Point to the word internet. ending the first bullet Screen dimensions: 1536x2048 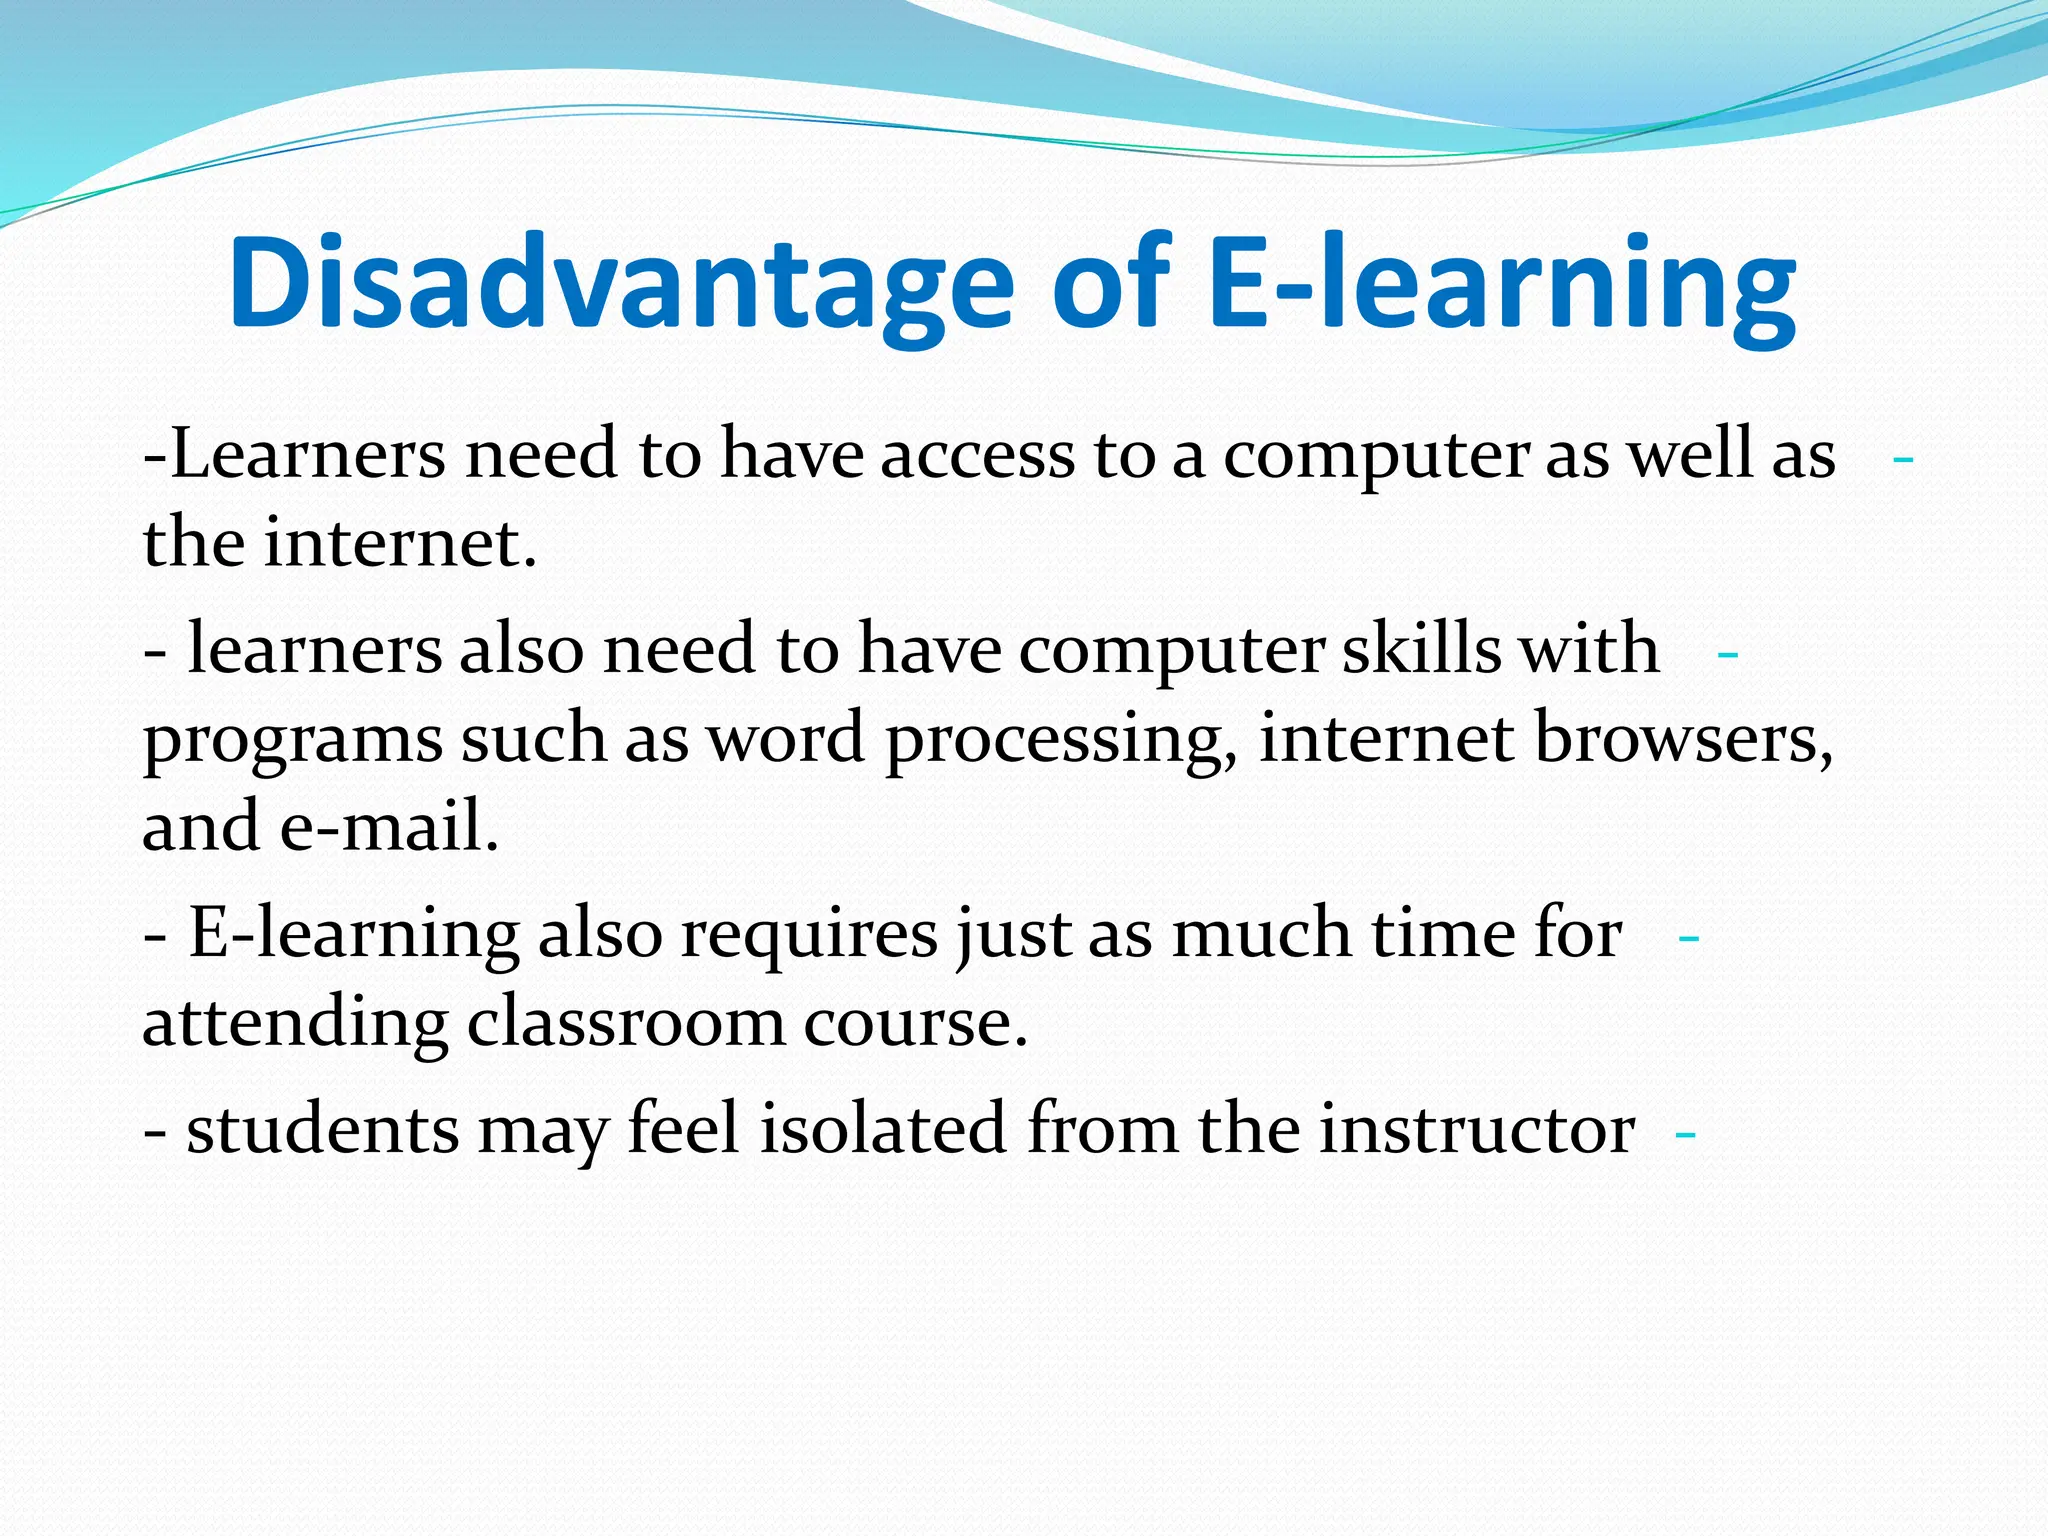tap(401, 545)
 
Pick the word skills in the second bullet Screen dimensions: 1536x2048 tap(1421, 650)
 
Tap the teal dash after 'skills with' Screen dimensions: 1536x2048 tap(1727, 655)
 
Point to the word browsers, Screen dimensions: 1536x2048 tap(1685, 740)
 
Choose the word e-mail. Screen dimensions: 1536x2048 tap(389, 828)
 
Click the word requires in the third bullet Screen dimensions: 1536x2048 tap(809, 934)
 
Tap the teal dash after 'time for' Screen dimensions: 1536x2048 tap(1689, 939)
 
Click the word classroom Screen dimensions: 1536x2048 tap(626, 1023)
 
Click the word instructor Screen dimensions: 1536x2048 tap(1476, 1130)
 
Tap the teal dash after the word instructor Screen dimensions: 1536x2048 tap(1685, 1136)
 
